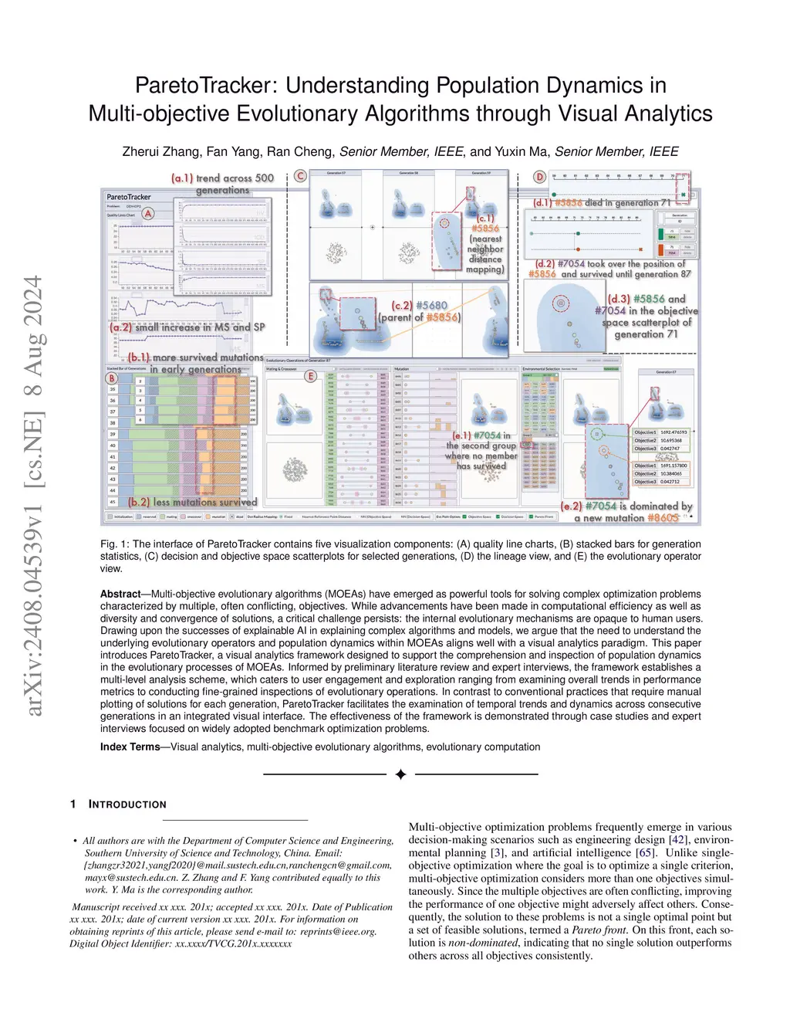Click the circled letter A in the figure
click(148, 213)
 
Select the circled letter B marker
click(112, 378)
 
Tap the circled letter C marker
click(300, 176)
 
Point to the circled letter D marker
click(540, 177)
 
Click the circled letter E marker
click(311, 376)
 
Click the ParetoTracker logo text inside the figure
click(129, 197)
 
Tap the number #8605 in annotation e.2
click(663, 518)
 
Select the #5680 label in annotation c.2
click(431, 306)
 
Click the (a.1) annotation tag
click(182, 178)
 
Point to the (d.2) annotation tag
click(545, 264)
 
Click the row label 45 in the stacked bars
click(113, 502)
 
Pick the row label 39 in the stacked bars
click(113, 435)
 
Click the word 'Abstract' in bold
click(120, 594)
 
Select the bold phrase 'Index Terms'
click(130, 747)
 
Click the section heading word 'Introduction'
click(127, 805)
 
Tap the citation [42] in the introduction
click(678, 840)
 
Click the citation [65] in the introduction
click(645, 853)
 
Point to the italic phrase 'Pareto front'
click(599, 930)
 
